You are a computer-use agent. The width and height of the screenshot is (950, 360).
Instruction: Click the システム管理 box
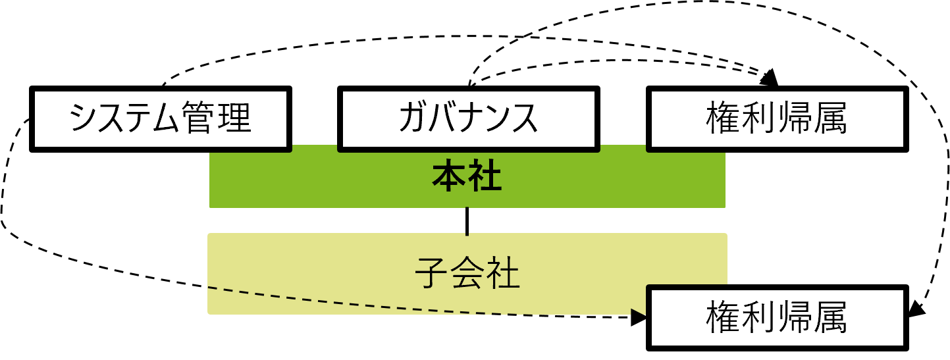(x=161, y=118)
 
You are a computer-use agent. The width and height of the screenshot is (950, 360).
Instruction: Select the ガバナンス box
(x=468, y=118)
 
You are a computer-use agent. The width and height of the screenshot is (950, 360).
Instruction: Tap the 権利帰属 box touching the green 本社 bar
(x=777, y=118)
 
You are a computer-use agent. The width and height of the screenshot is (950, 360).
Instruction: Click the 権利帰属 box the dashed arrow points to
(x=777, y=318)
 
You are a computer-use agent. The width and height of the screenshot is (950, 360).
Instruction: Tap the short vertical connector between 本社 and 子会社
(x=467, y=220)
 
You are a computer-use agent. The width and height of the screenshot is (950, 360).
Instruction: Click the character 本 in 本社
(x=450, y=178)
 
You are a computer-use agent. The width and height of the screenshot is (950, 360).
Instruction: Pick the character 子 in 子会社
(x=433, y=272)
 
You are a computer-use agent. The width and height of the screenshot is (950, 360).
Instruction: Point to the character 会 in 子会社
(x=467, y=272)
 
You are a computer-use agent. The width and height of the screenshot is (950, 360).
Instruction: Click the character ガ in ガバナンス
(x=413, y=118)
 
